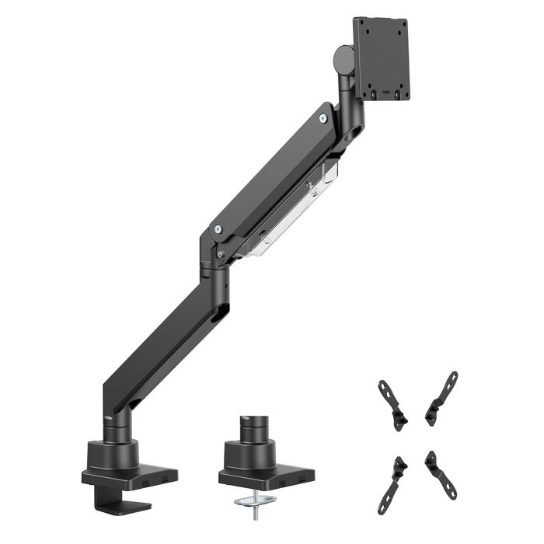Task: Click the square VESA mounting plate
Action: [x=382, y=58]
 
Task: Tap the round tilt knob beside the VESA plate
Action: [x=341, y=59]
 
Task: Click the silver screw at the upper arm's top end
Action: [x=323, y=118]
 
